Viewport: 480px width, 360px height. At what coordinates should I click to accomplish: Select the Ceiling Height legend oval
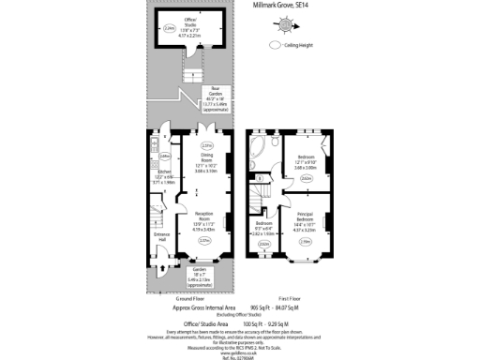click(x=276, y=44)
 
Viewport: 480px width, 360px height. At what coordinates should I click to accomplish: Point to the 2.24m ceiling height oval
click(x=169, y=30)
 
